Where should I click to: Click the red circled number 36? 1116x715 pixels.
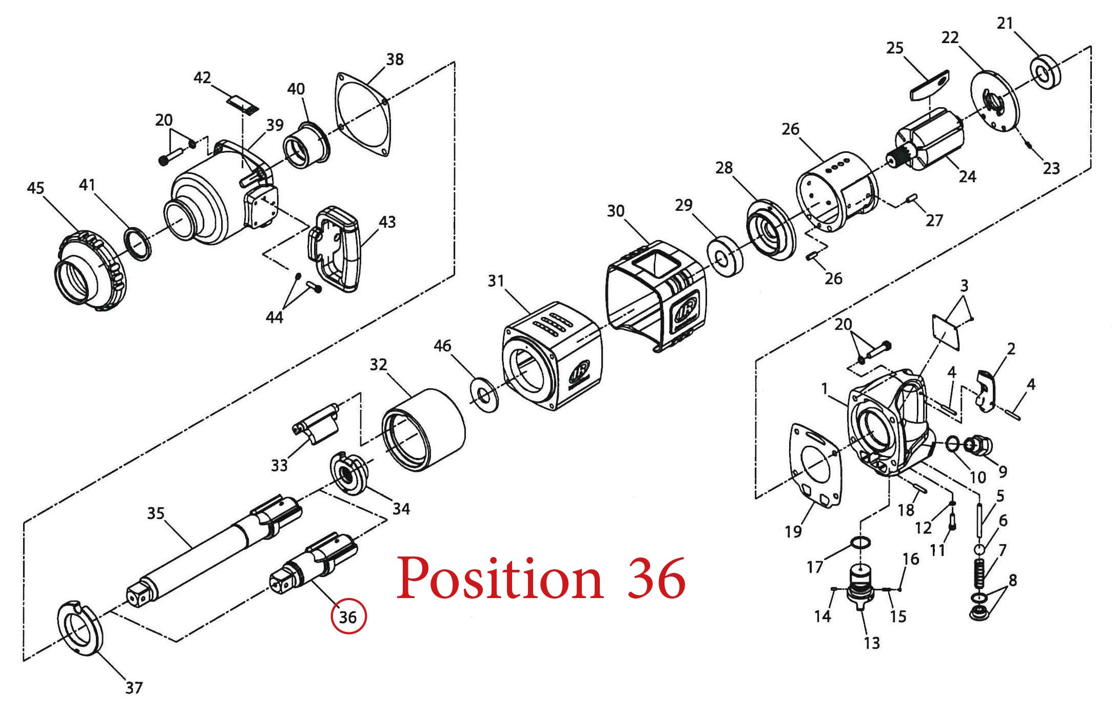[x=348, y=617]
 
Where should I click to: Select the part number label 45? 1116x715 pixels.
[x=35, y=188]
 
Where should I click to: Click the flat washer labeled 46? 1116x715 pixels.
[x=484, y=395]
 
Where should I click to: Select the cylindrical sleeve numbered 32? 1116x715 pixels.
[x=423, y=430]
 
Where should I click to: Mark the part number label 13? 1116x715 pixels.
[x=872, y=643]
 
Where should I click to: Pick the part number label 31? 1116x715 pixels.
[x=496, y=281]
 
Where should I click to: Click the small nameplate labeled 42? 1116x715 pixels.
[x=243, y=105]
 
